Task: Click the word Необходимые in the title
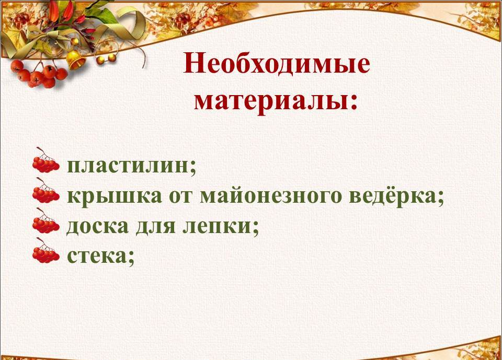pos(277,63)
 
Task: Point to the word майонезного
pos(270,196)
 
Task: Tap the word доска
pos(97,226)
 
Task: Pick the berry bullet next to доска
pos(46,221)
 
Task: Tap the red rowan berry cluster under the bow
pos(38,74)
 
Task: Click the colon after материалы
pos(353,102)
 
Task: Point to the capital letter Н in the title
pos(193,63)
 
